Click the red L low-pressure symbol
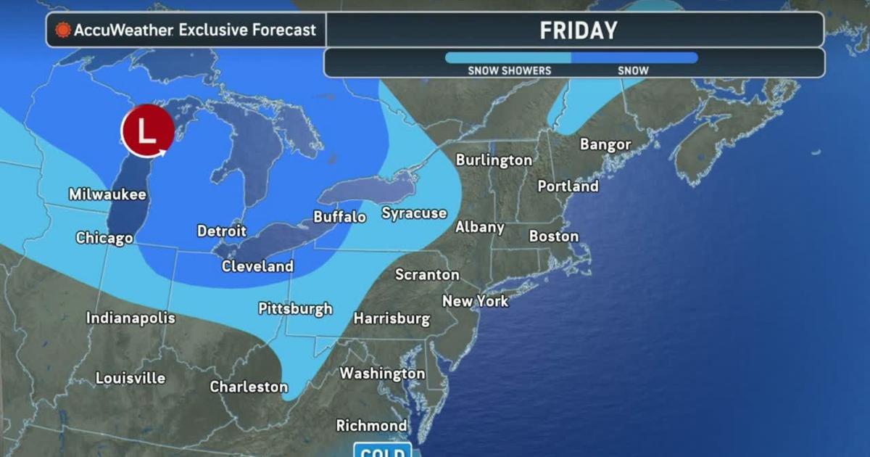click(147, 132)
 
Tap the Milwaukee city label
click(107, 194)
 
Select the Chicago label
click(104, 238)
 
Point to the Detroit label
click(222, 231)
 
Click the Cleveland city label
click(257, 266)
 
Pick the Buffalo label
click(339, 217)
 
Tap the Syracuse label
click(414, 213)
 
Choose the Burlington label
click(494, 160)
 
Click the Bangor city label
click(605, 144)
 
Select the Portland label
click(568, 186)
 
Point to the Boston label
click(554, 236)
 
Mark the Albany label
click(479, 227)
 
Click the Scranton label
click(427, 275)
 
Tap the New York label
click(476, 301)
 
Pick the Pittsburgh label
click(295, 308)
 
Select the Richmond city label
click(371, 426)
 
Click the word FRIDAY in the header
click(578, 30)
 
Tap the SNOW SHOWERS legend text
click(509, 70)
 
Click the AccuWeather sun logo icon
click(63, 30)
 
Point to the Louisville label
click(130, 378)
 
